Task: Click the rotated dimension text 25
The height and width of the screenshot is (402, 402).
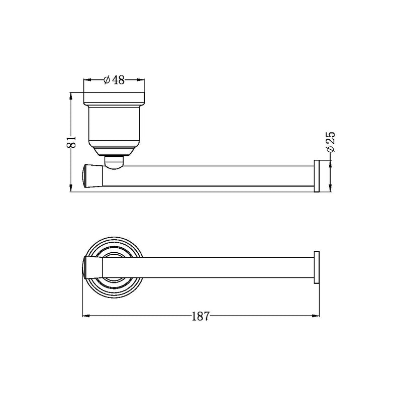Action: tap(330, 142)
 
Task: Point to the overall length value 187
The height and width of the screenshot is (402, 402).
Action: tap(201, 316)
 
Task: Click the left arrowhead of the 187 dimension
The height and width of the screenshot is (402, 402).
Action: tap(85, 316)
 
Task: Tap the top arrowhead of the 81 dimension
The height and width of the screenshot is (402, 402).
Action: tap(71, 95)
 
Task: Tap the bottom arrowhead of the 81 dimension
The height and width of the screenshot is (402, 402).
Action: tap(71, 188)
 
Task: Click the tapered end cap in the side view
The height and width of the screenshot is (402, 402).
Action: tap(91, 175)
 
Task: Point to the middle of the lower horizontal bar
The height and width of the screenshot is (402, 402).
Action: tap(209, 266)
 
